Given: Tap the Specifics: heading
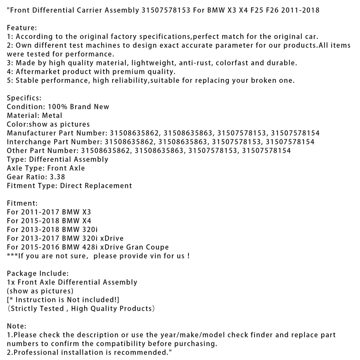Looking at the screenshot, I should [24, 98].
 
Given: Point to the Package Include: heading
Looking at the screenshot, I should [38, 274].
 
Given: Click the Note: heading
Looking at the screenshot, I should [17, 326].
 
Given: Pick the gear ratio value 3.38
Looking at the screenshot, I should [57, 177].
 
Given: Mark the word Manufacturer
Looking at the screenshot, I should [31, 133].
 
